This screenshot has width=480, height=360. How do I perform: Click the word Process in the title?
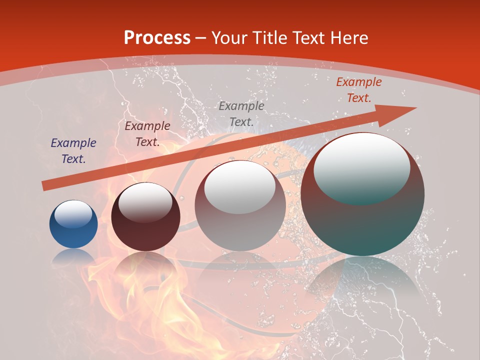(157, 37)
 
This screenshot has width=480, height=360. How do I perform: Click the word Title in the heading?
(267, 37)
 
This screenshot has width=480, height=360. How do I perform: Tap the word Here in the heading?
(348, 37)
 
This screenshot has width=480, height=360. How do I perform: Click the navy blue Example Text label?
(73, 151)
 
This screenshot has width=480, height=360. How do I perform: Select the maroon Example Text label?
(147, 134)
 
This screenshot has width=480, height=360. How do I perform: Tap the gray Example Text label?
(241, 113)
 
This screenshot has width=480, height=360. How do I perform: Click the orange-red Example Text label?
(359, 90)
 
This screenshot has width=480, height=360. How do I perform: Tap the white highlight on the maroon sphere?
(145, 202)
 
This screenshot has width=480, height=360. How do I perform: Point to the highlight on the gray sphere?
(240, 187)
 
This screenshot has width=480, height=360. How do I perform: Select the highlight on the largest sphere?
(362, 167)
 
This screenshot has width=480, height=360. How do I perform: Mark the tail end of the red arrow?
(46, 185)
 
